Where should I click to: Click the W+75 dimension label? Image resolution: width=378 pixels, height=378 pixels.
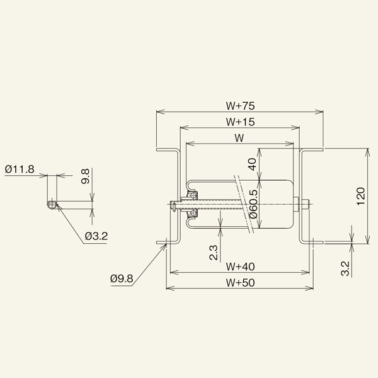pyautogui.click(x=239, y=105)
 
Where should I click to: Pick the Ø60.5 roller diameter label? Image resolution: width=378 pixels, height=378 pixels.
pyautogui.click(x=252, y=203)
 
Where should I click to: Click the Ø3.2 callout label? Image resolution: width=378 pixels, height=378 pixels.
pyautogui.click(x=96, y=236)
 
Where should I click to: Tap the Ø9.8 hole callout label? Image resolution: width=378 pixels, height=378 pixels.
pyautogui.click(x=122, y=278)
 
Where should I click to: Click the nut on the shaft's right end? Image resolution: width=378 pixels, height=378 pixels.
pyautogui.click(x=304, y=203)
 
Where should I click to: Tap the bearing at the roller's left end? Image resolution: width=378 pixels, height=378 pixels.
pyautogui.click(x=193, y=203)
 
